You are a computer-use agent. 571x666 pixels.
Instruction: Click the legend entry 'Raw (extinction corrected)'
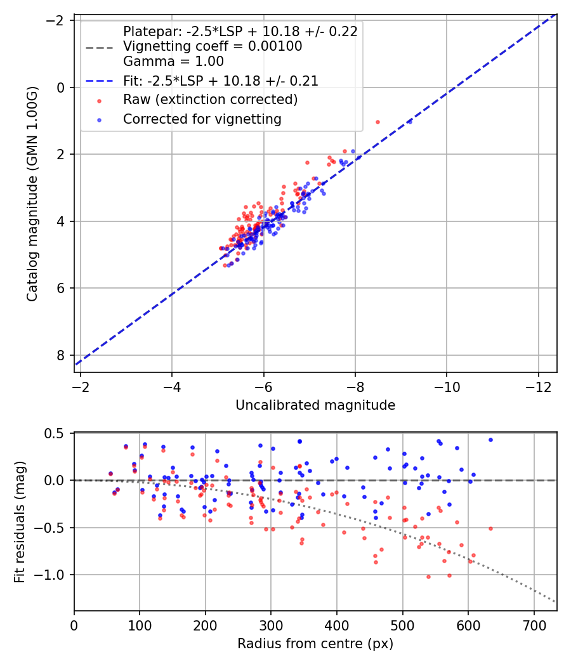[x=210, y=100]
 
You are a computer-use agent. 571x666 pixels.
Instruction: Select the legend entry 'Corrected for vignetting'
[x=202, y=119]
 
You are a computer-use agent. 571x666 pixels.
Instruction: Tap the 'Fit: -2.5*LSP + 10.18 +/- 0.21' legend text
[x=221, y=81]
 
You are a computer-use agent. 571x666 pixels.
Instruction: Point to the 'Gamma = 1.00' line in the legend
[x=173, y=62]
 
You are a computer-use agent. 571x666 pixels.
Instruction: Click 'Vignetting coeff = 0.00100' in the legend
[x=213, y=46]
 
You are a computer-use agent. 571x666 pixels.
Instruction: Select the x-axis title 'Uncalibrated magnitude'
[x=315, y=405]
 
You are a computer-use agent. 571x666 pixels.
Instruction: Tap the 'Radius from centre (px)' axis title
[x=315, y=644]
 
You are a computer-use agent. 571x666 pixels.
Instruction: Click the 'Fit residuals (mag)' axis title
[x=19, y=522]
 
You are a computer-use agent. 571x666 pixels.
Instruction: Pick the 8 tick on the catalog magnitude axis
[x=61, y=355]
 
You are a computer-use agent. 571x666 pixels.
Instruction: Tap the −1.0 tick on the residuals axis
[x=54, y=575]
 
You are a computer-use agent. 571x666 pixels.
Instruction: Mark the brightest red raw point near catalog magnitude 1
[x=377, y=122]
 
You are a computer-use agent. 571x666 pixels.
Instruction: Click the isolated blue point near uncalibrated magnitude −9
[x=409, y=122]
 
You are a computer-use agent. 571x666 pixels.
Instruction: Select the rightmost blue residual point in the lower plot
[x=490, y=440]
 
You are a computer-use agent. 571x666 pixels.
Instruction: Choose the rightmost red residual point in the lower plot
[x=490, y=528]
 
